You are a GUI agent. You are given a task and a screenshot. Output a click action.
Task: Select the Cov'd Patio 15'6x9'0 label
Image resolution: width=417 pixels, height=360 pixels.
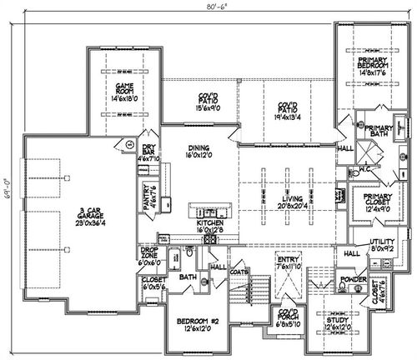pos(197,102)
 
